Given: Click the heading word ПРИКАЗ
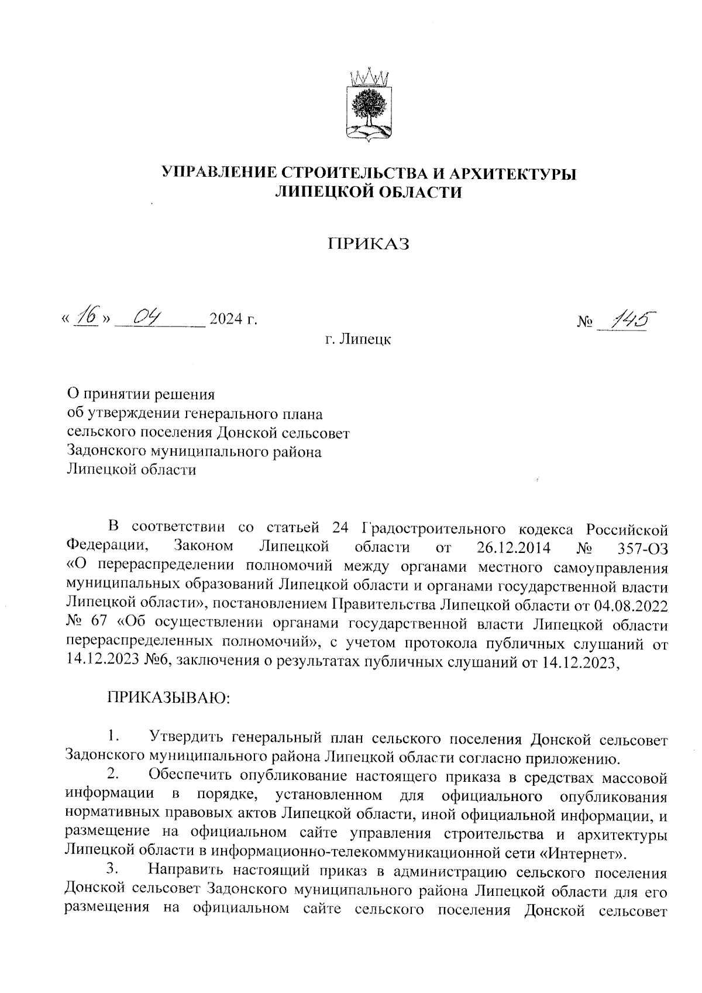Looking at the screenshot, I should (368, 244).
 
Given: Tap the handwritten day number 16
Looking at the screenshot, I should (89, 317).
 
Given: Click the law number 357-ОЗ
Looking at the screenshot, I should (642, 548).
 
